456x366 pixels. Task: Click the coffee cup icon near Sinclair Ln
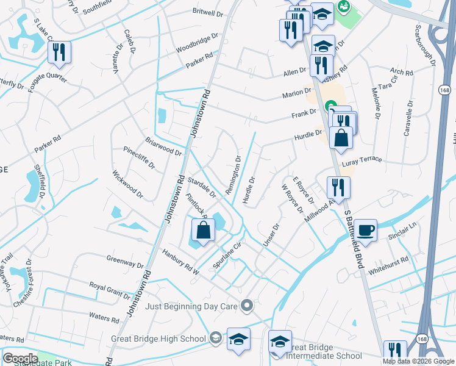click(x=365, y=230)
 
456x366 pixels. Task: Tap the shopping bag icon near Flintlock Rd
click(x=203, y=231)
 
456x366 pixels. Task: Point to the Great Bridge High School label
click(x=159, y=339)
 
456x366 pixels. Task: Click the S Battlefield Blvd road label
click(x=354, y=239)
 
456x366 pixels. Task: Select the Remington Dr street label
click(x=234, y=175)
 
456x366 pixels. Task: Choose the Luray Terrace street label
click(x=362, y=159)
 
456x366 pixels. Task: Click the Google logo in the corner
click(x=20, y=358)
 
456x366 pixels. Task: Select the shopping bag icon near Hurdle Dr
click(x=341, y=138)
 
